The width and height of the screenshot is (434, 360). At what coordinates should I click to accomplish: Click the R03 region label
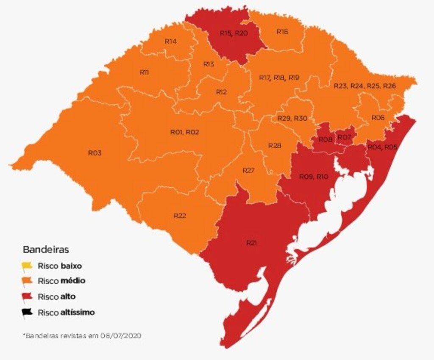95,153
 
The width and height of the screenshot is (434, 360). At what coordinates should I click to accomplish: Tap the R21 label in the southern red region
251,243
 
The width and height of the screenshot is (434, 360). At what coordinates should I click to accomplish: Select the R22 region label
180,216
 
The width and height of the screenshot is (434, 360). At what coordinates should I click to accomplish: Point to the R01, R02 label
184,132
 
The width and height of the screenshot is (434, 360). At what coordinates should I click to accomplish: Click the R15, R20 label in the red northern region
234,33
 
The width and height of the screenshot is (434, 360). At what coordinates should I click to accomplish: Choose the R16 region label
282,31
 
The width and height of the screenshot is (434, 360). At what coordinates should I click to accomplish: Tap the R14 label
170,41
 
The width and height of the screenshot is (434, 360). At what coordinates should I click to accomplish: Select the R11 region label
144,72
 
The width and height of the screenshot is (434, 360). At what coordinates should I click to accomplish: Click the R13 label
208,64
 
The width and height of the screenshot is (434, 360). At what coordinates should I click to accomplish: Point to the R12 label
221,92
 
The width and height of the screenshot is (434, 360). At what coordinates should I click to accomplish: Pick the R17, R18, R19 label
279,78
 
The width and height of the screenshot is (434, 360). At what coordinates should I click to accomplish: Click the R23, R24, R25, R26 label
364,86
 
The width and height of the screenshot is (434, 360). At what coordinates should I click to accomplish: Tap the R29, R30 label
292,118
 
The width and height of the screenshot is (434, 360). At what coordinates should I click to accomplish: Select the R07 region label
344,137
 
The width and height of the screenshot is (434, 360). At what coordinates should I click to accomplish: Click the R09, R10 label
314,177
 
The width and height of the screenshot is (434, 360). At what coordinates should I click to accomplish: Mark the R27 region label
248,170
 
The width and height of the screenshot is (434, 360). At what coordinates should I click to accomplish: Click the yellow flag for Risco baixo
27,266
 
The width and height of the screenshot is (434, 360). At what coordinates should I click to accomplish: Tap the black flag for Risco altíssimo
27,313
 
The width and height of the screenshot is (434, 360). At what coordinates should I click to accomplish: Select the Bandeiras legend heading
46,249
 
